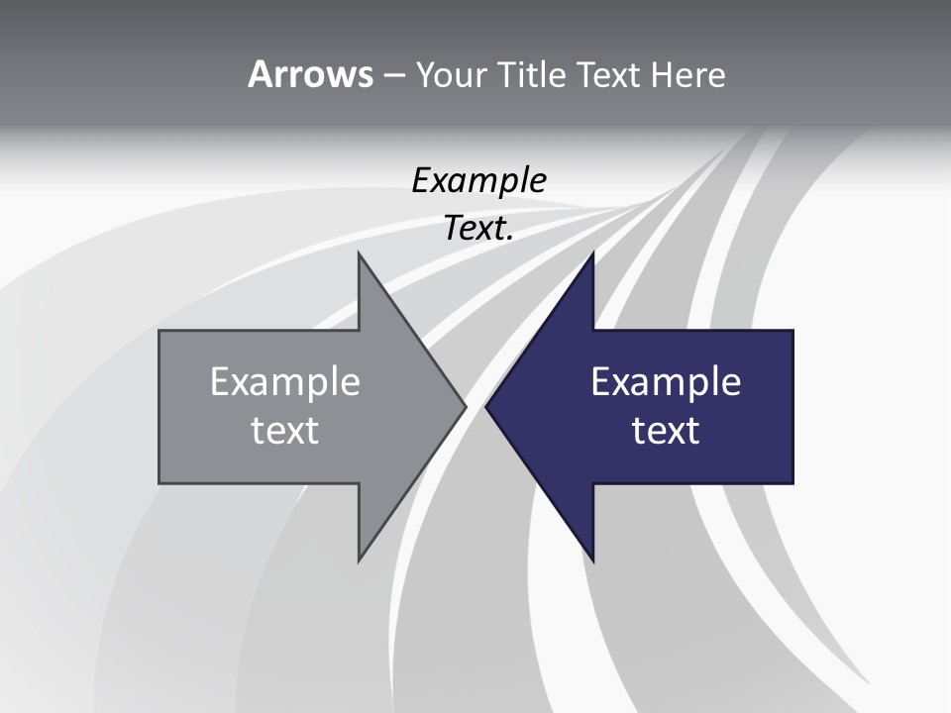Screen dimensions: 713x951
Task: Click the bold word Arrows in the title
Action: [x=310, y=74]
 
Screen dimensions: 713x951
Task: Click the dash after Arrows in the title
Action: [x=393, y=75]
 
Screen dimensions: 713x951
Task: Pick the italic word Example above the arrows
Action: [x=479, y=181]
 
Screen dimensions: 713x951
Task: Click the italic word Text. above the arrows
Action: [x=479, y=229]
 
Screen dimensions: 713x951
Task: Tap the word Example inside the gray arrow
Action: [x=285, y=382]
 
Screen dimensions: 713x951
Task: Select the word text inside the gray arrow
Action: [x=285, y=431]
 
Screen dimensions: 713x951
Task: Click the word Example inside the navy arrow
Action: [x=666, y=382]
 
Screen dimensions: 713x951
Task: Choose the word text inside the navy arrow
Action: [x=666, y=431]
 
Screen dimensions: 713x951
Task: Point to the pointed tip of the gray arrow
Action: [x=465, y=406]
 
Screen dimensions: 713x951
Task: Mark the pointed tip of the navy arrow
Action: [x=486, y=406]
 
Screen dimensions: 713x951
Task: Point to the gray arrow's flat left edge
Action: [x=159, y=406]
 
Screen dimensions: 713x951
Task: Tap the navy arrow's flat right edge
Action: [x=792, y=406]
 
